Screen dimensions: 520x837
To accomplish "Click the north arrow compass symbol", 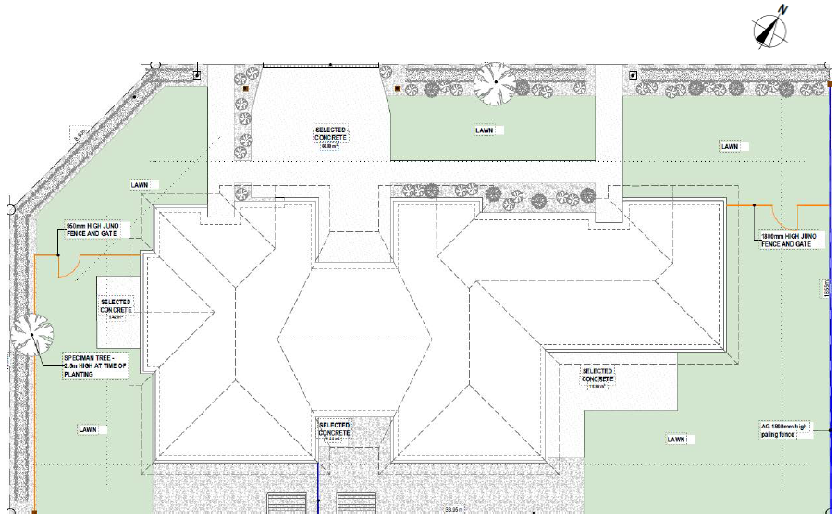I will click(770, 33).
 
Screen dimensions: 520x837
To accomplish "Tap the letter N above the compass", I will click(782, 9).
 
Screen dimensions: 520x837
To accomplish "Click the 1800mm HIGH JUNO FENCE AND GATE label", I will click(788, 241).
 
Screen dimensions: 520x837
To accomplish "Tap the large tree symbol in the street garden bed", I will click(495, 82).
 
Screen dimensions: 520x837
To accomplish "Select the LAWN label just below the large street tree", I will click(485, 130).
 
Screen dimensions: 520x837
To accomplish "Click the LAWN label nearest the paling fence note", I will click(676, 439).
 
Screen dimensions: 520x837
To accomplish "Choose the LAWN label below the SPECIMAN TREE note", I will click(88, 429).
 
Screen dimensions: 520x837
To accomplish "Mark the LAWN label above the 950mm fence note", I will click(140, 185).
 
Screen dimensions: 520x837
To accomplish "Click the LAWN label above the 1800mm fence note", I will click(730, 147).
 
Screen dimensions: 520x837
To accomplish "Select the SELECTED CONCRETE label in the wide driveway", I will click(331, 134).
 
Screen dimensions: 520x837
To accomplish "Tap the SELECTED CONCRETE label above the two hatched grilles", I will click(334, 428).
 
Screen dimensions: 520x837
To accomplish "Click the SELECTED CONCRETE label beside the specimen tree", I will click(116, 307).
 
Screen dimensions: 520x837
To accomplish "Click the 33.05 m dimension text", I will click(453, 510).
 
